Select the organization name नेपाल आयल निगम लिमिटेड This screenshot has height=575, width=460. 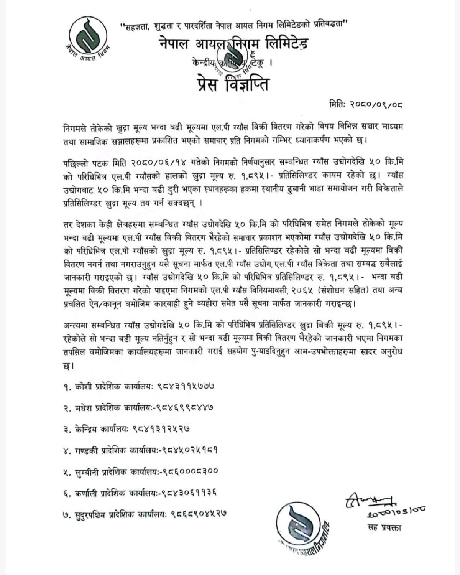pos(233,44)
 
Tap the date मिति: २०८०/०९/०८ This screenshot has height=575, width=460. pos(366,104)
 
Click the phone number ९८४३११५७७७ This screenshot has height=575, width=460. pos(186,386)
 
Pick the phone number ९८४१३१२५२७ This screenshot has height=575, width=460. pos(161,428)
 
